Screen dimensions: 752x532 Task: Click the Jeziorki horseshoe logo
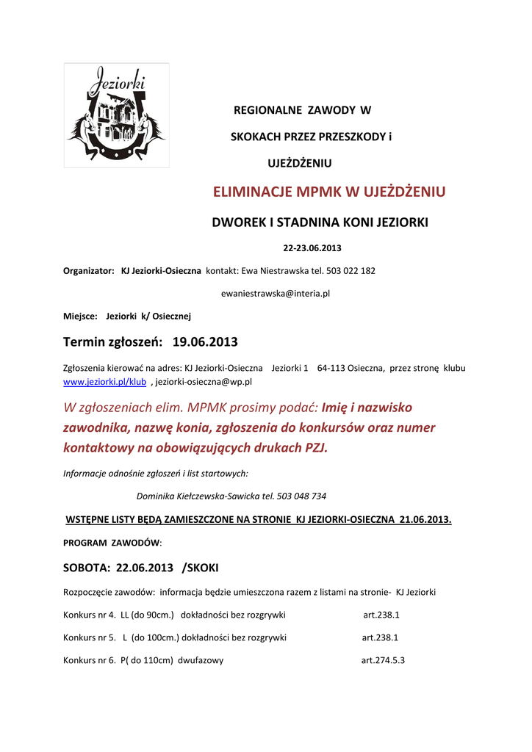click(116, 115)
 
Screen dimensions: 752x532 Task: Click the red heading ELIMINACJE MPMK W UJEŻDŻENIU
click(329, 193)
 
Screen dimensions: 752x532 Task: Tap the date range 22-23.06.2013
click(312, 247)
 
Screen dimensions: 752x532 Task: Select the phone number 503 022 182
click(351, 270)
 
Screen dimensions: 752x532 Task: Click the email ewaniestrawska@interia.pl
click(276, 293)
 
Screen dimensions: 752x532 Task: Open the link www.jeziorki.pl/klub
click(105, 382)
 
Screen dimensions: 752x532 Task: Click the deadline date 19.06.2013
click(205, 342)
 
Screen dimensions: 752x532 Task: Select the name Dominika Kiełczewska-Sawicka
click(198, 496)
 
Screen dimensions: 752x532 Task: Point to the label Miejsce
click(80, 316)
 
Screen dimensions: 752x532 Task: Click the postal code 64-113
click(331, 368)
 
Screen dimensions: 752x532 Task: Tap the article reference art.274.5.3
click(383, 660)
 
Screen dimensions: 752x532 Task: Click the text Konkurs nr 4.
click(88, 615)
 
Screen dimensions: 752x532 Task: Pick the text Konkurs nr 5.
click(88, 637)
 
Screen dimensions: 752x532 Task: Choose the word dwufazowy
click(201, 660)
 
